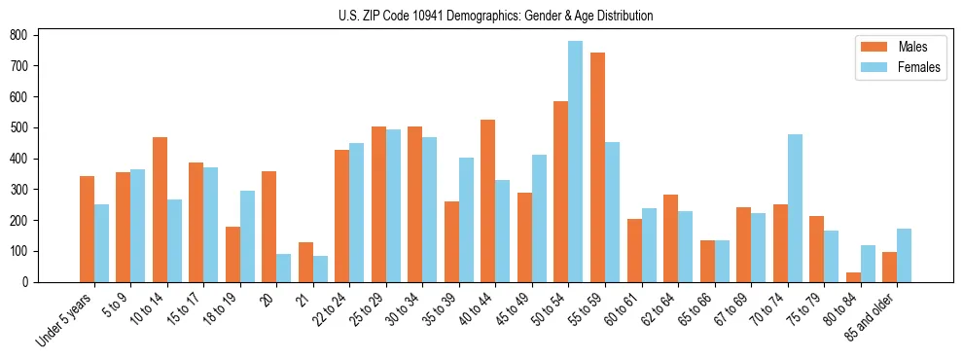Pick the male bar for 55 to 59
pos(597,167)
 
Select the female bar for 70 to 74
pos(795,208)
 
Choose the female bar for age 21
pos(320,270)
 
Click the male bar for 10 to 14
pos(160,210)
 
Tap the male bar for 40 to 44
pos(488,201)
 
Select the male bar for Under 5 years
pos(87,230)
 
